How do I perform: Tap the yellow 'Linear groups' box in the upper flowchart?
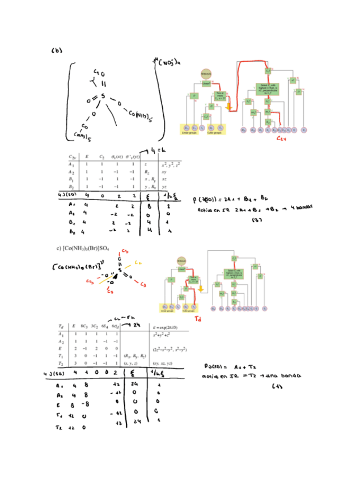[188, 130]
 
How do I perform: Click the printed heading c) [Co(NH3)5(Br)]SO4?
[83, 248]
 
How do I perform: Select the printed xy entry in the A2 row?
[164, 171]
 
